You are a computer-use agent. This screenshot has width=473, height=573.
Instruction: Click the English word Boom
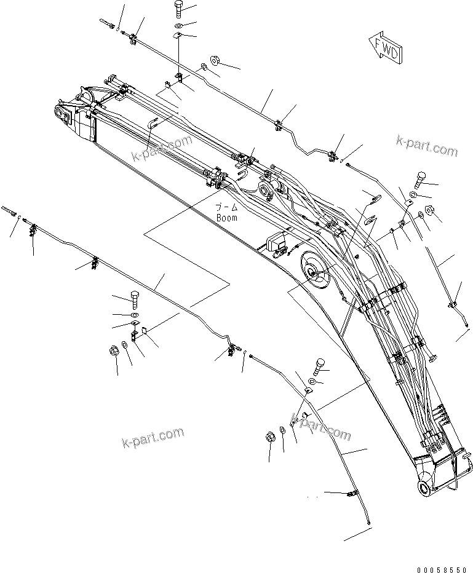226,218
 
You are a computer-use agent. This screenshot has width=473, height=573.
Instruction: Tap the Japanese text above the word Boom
226,208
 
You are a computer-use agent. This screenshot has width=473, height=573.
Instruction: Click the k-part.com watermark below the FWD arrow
427,147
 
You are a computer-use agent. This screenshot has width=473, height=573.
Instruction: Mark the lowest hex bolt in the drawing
319,367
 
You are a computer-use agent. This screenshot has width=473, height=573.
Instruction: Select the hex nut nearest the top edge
215,60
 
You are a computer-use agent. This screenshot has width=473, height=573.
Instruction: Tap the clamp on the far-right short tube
453,303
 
